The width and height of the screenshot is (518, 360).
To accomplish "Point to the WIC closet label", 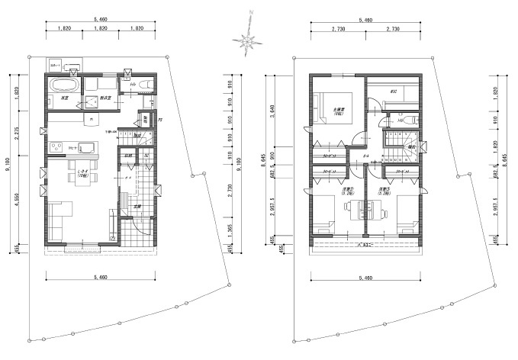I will (x=394, y=92).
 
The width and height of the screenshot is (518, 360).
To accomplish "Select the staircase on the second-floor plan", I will (x=401, y=146).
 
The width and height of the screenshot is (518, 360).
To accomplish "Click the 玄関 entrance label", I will (x=137, y=207).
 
